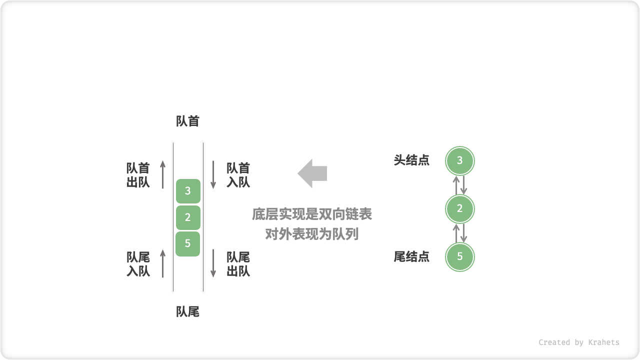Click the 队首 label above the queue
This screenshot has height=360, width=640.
click(188, 121)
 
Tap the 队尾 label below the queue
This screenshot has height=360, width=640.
click(188, 312)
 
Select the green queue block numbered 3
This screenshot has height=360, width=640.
click(188, 191)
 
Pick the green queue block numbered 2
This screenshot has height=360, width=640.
click(188, 217)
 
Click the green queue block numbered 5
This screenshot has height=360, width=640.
click(188, 244)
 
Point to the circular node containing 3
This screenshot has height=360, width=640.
click(460, 161)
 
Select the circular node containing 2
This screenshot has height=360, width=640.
click(460, 209)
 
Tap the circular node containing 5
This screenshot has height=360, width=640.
click(460, 257)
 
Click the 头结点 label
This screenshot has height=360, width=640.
click(411, 160)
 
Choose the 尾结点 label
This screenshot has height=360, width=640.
click(411, 257)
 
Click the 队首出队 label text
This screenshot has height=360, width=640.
click(138, 175)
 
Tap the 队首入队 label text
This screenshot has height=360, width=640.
click(238, 175)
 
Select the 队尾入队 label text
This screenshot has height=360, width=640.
click(138, 264)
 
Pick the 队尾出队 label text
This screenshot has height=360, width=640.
click(238, 264)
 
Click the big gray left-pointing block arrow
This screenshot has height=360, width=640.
click(312, 173)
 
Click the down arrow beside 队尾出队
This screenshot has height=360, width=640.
click(213, 263)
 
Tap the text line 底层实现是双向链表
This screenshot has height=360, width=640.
click(312, 215)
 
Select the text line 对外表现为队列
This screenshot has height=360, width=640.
click(312, 234)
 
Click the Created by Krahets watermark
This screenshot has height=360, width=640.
click(579, 342)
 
